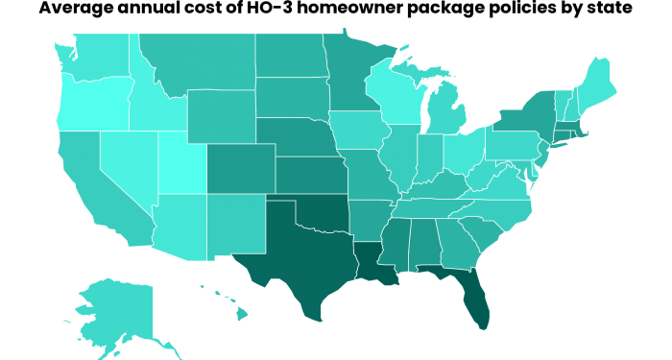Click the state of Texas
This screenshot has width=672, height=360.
coord(298,259)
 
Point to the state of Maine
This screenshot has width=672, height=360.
coord(597,82)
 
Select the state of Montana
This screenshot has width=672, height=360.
coord(197,62)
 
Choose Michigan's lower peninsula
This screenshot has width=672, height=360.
coord(446,115)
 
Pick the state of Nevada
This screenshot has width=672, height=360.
coord(125,163)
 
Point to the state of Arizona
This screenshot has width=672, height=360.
coord(178,226)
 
